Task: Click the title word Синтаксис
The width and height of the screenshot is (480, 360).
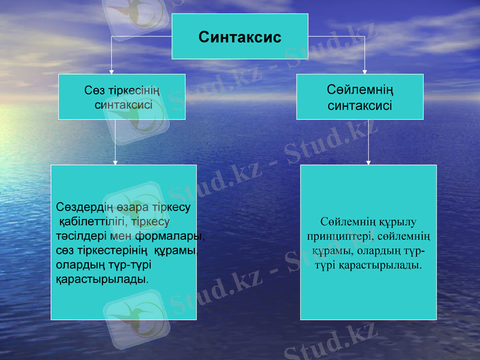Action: pos(240,37)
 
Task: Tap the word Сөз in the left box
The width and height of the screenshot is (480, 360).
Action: pos(93,91)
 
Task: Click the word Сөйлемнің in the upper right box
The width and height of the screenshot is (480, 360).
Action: pos(360,91)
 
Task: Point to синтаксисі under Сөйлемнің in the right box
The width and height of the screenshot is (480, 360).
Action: pos(360,106)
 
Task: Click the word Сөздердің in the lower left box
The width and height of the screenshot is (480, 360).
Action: pos(84,208)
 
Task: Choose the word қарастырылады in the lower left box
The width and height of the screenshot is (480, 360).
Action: pos(101,278)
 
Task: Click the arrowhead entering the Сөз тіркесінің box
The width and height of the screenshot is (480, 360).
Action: pos(112,71)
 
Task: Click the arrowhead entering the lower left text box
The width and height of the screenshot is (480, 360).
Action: pos(115,162)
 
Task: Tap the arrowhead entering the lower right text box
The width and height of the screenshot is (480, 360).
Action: pos(368,162)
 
